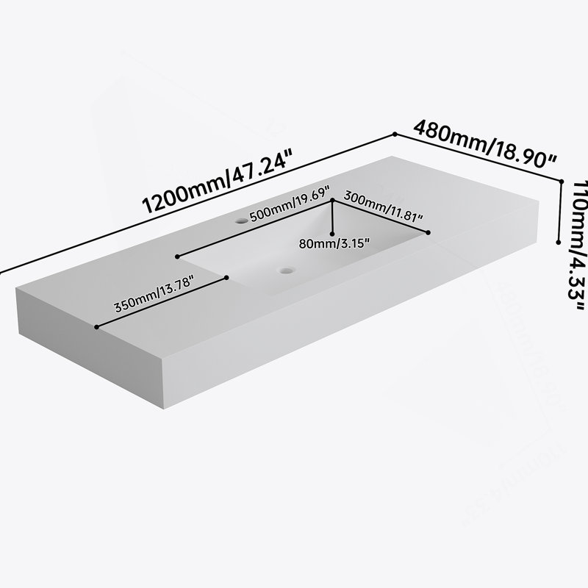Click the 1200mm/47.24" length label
[x=217, y=182]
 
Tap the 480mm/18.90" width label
[x=485, y=143]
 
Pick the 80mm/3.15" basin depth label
[x=334, y=244]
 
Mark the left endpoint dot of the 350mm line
[x=97, y=327]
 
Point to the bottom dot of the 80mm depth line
[x=332, y=234]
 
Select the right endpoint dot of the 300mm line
[x=429, y=233]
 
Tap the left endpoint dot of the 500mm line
[x=177, y=257]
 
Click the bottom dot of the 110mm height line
[x=559, y=243]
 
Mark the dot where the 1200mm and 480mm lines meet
[x=395, y=134]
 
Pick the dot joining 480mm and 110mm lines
[x=562, y=182]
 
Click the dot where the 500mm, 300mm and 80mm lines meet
[x=332, y=201]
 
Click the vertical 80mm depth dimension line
[x=332, y=218]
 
